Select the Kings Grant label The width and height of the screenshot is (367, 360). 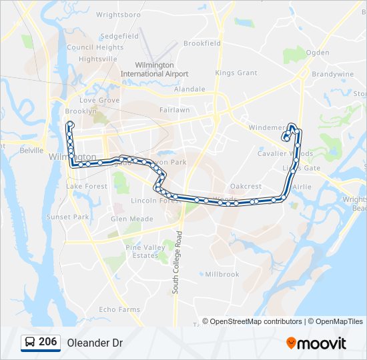pos(236,73)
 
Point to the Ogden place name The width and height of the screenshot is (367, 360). pos(318,53)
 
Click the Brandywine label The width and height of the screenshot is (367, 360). pos(332,74)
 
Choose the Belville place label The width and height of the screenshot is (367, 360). pos(31,151)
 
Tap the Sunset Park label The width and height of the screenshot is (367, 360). pos(67,217)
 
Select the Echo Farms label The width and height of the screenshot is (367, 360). pos(119,309)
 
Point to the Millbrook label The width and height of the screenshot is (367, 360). pos(222,274)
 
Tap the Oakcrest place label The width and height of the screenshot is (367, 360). pos(246,187)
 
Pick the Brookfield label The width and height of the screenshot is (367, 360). pos(202,43)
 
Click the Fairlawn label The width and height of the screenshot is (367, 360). pos(175,109)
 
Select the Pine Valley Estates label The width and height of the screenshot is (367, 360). pos(145,251)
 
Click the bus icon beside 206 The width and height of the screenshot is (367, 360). pos(30,343)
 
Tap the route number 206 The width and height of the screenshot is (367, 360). pos(47,342)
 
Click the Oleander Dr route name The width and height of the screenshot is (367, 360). pos(95,343)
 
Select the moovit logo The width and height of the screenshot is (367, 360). pos(316,343)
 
